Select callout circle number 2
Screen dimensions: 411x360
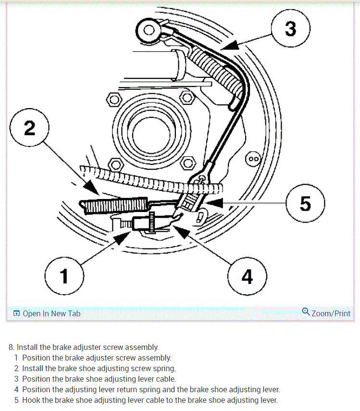click(29, 128)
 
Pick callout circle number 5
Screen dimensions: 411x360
click(305, 203)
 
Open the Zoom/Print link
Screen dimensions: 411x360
click(331, 313)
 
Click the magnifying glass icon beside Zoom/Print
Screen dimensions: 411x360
click(306, 311)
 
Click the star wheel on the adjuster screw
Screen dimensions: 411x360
click(152, 222)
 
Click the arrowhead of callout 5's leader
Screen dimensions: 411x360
click(218, 203)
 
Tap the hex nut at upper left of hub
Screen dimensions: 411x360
click(113, 100)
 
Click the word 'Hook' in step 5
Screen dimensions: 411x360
click(32, 400)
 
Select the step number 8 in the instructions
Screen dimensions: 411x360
click(11, 347)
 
